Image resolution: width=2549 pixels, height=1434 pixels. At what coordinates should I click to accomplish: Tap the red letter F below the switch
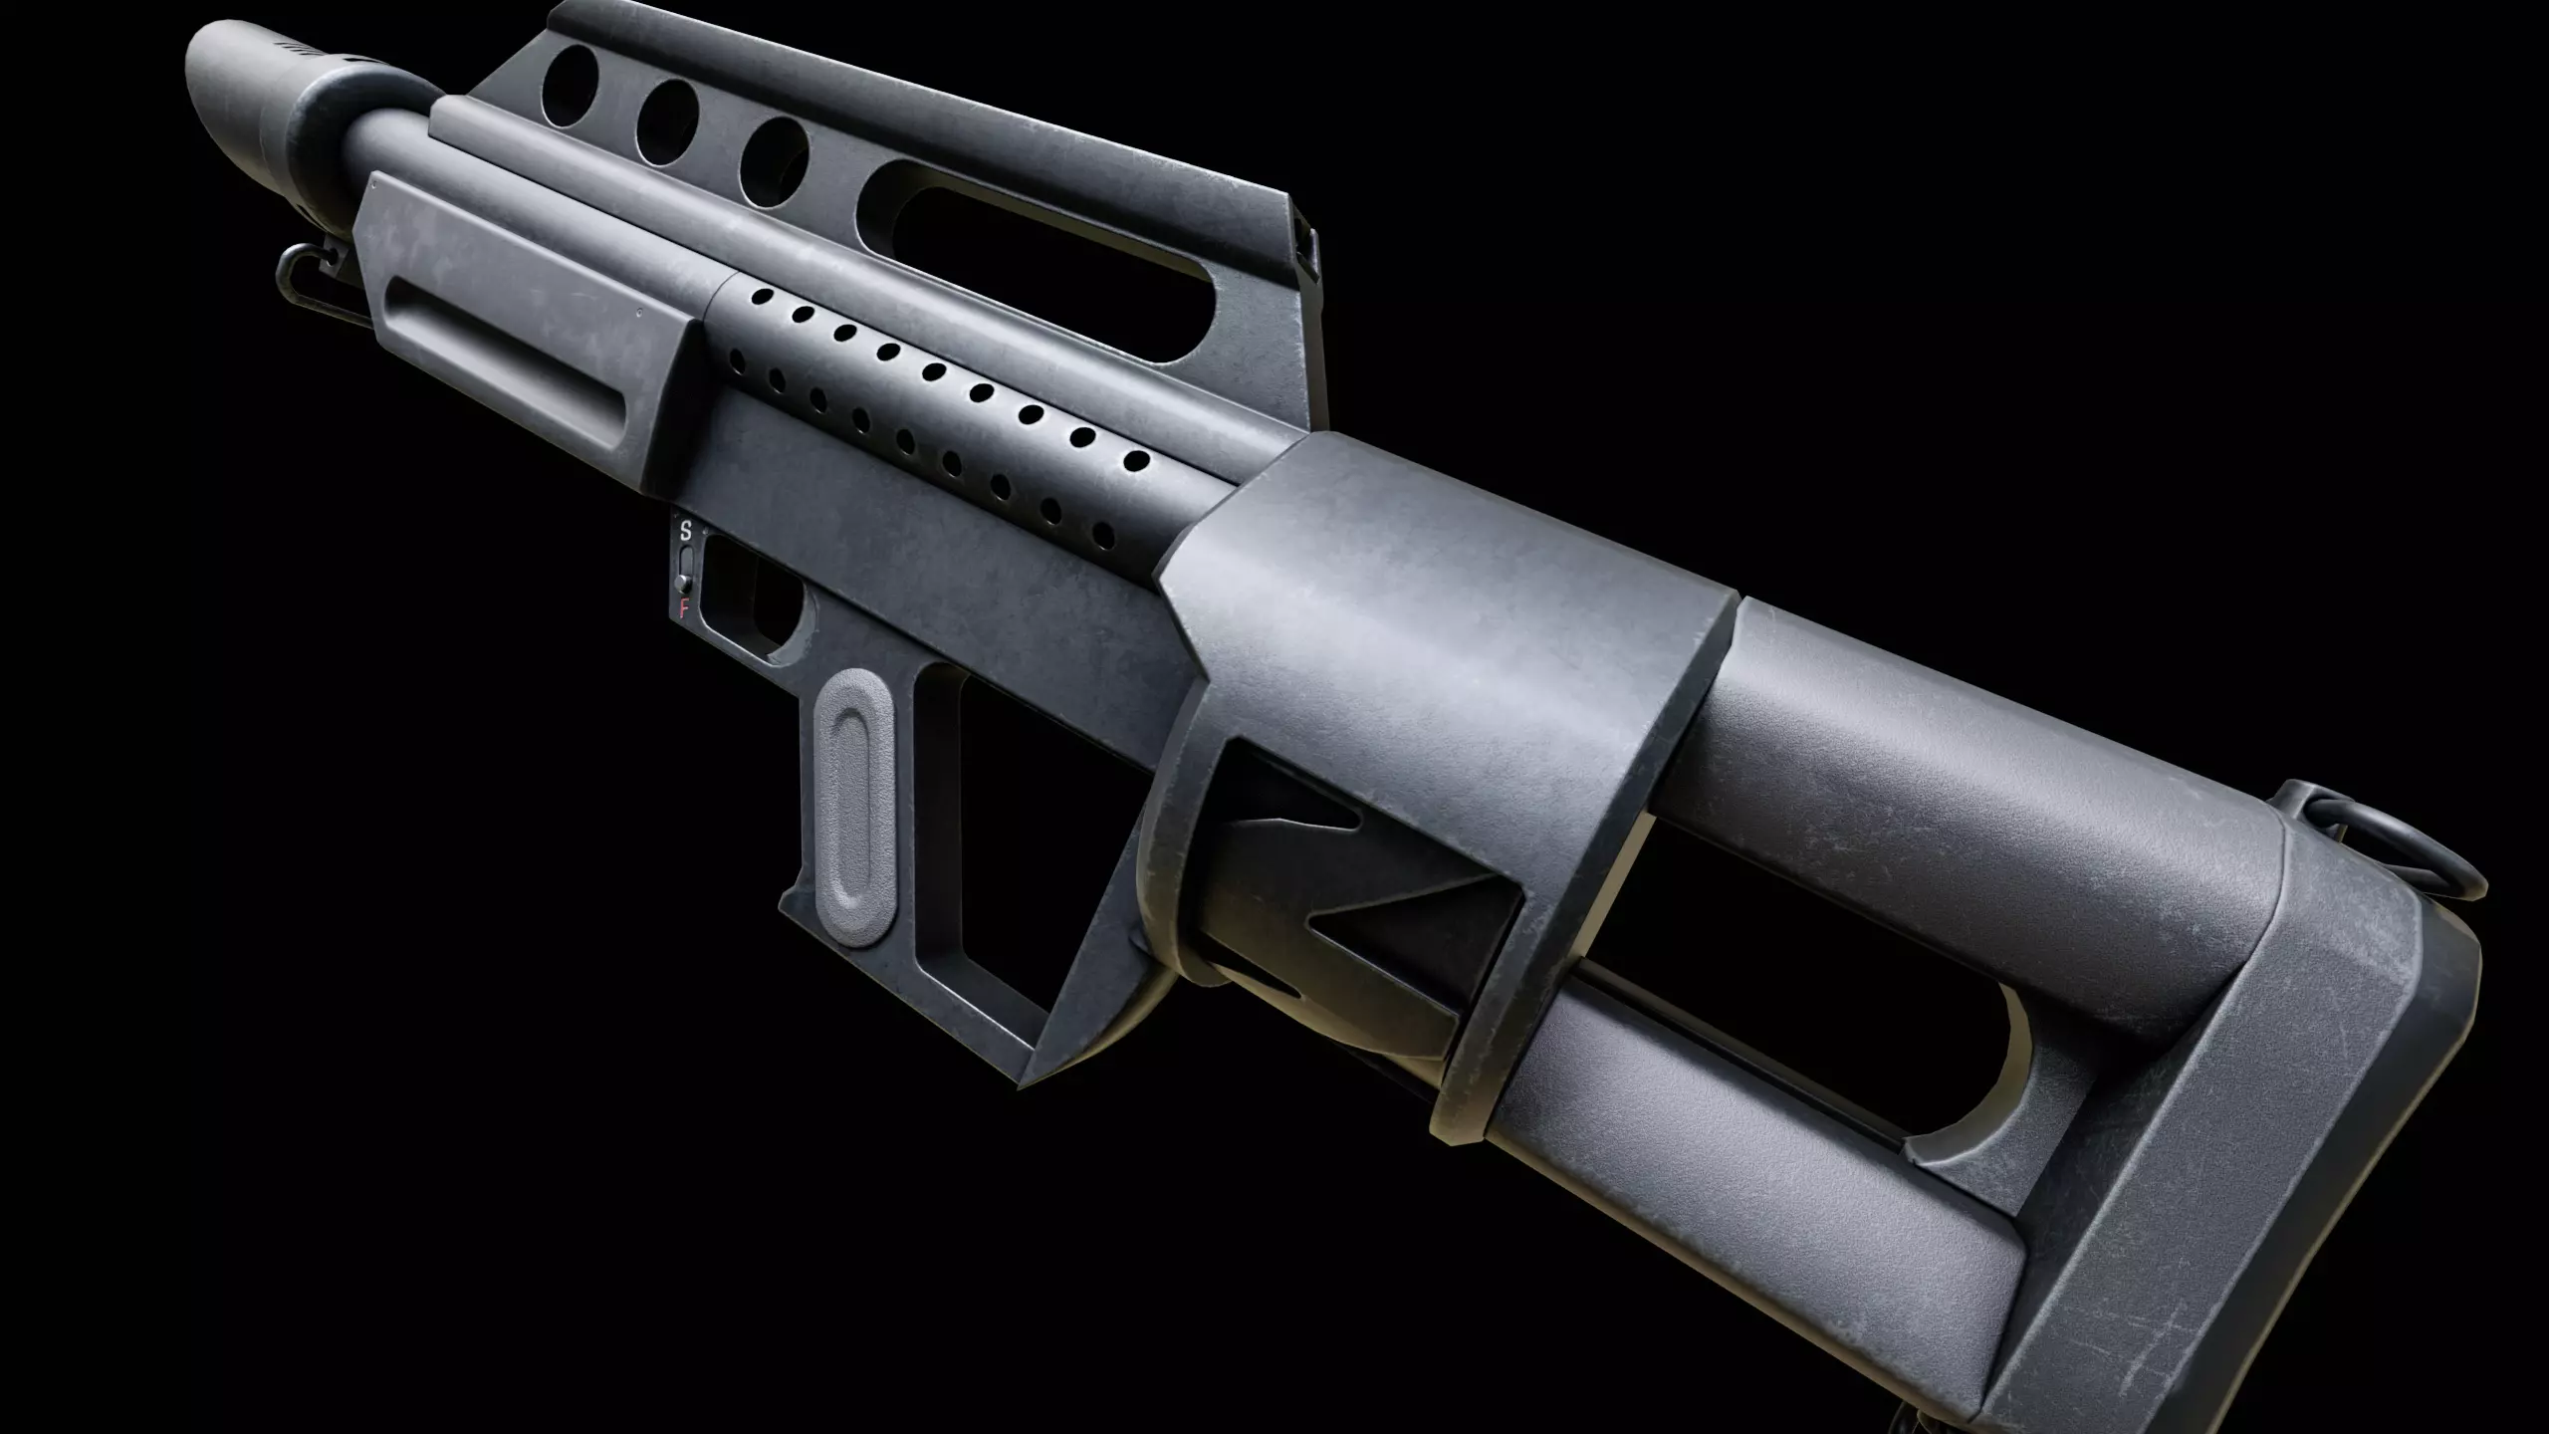tap(684, 609)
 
